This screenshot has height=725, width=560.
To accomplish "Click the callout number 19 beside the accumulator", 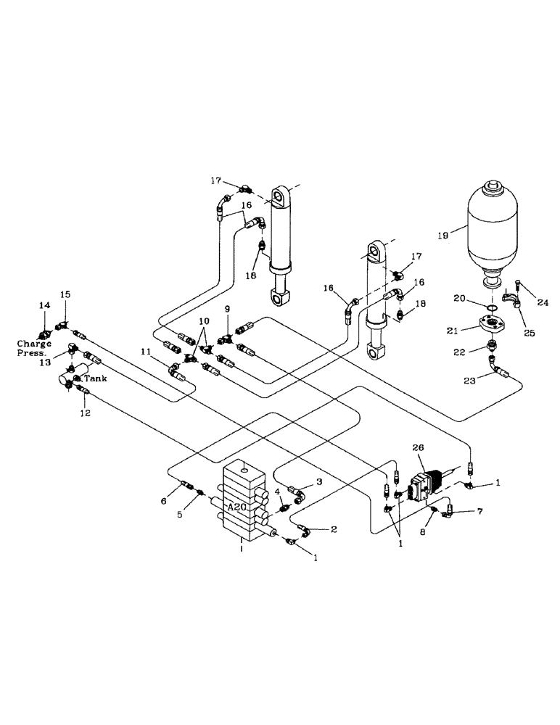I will [442, 235].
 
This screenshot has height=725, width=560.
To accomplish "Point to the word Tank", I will [94, 378].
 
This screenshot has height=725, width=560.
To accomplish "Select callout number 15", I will [65, 295].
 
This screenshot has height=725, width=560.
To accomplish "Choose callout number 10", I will [205, 320].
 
